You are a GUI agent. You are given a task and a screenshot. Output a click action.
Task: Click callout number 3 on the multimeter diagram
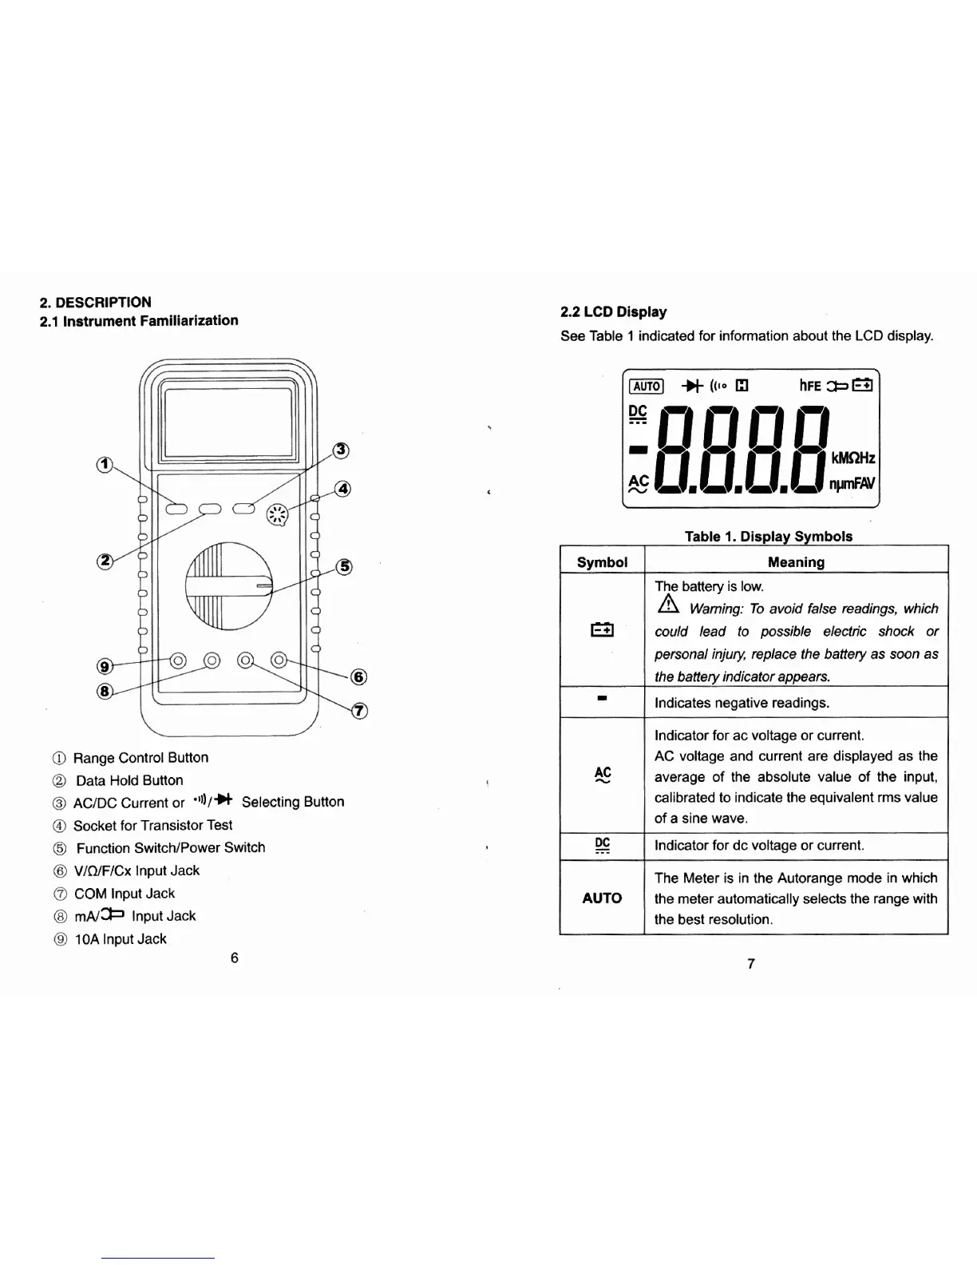click(x=341, y=450)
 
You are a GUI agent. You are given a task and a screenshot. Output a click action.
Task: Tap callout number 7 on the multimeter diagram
click(x=359, y=711)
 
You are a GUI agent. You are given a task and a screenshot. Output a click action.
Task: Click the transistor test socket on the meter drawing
click(x=276, y=514)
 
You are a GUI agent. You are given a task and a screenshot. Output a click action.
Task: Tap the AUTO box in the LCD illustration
click(x=647, y=387)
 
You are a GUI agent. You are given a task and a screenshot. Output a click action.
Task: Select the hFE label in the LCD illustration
click(x=810, y=387)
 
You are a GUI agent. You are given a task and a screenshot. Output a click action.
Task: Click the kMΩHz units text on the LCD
click(x=853, y=458)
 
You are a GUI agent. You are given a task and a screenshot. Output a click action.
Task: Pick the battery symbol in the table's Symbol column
click(x=602, y=631)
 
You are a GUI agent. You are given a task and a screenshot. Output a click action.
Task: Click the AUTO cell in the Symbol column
click(x=602, y=898)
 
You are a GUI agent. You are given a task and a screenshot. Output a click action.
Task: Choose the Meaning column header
click(x=796, y=561)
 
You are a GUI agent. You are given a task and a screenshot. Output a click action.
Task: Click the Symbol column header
click(x=602, y=561)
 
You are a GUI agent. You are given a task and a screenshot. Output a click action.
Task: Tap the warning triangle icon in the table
click(x=667, y=608)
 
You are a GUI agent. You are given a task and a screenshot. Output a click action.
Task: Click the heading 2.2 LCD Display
click(x=613, y=311)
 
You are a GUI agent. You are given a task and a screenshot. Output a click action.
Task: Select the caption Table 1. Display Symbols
click(x=768, y=536)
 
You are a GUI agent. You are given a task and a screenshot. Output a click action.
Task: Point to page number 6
click(x=234, y=958)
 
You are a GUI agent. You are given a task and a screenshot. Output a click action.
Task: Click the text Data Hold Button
click(x=129, y=780)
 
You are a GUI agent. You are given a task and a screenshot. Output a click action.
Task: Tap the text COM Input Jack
click(x=125, y=894)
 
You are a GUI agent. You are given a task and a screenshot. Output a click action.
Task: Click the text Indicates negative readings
click(x=742, y=703)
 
